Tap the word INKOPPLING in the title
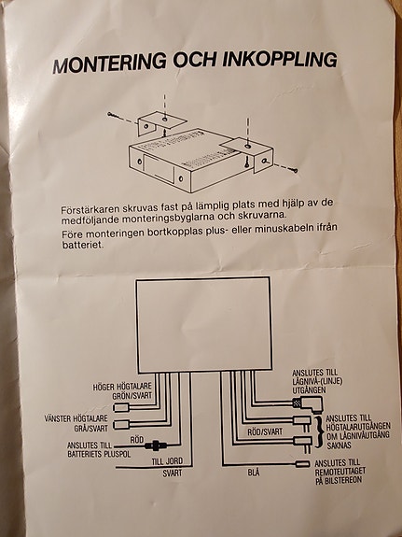[x=280, y=59]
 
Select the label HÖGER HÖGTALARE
[x=122, y=387]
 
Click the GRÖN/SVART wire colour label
[x=132, y=396]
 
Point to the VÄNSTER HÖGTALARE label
[x=76, y=418]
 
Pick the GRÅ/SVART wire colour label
[x=91, y=428]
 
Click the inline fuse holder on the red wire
[x=156, y=445]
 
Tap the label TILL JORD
[x=167, y=461]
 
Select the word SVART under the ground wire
[x=173, y=473]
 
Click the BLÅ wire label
[x=253, y=473]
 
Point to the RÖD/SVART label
[x=265, y=431]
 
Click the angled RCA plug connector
[x=308, y=403]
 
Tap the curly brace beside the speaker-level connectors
[x=318, y=431]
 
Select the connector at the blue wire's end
[x=302, y=464]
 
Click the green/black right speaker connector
[x=121, y=407]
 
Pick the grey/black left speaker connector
[x=121, y=425]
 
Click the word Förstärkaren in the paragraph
[x=87, y=208]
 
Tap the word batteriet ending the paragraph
[x=82, y=245]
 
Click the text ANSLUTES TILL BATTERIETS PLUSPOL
[x=99, y=449]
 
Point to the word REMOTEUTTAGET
[x=340, y=472]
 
